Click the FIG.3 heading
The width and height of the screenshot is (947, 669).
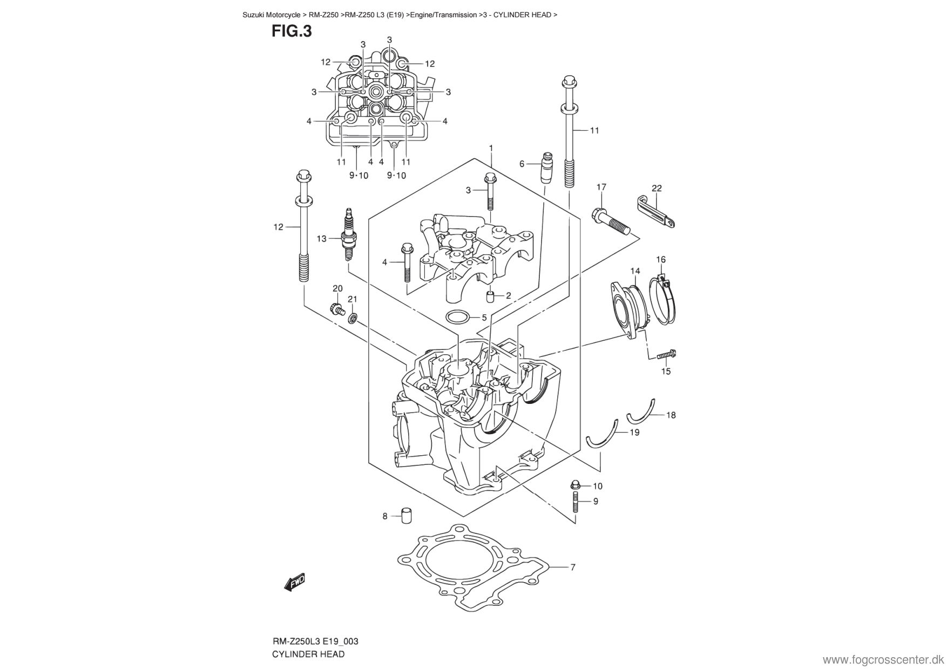pos(292,31)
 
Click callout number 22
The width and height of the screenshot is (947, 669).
pos(657,188)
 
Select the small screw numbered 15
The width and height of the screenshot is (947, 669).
pos(667,355)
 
